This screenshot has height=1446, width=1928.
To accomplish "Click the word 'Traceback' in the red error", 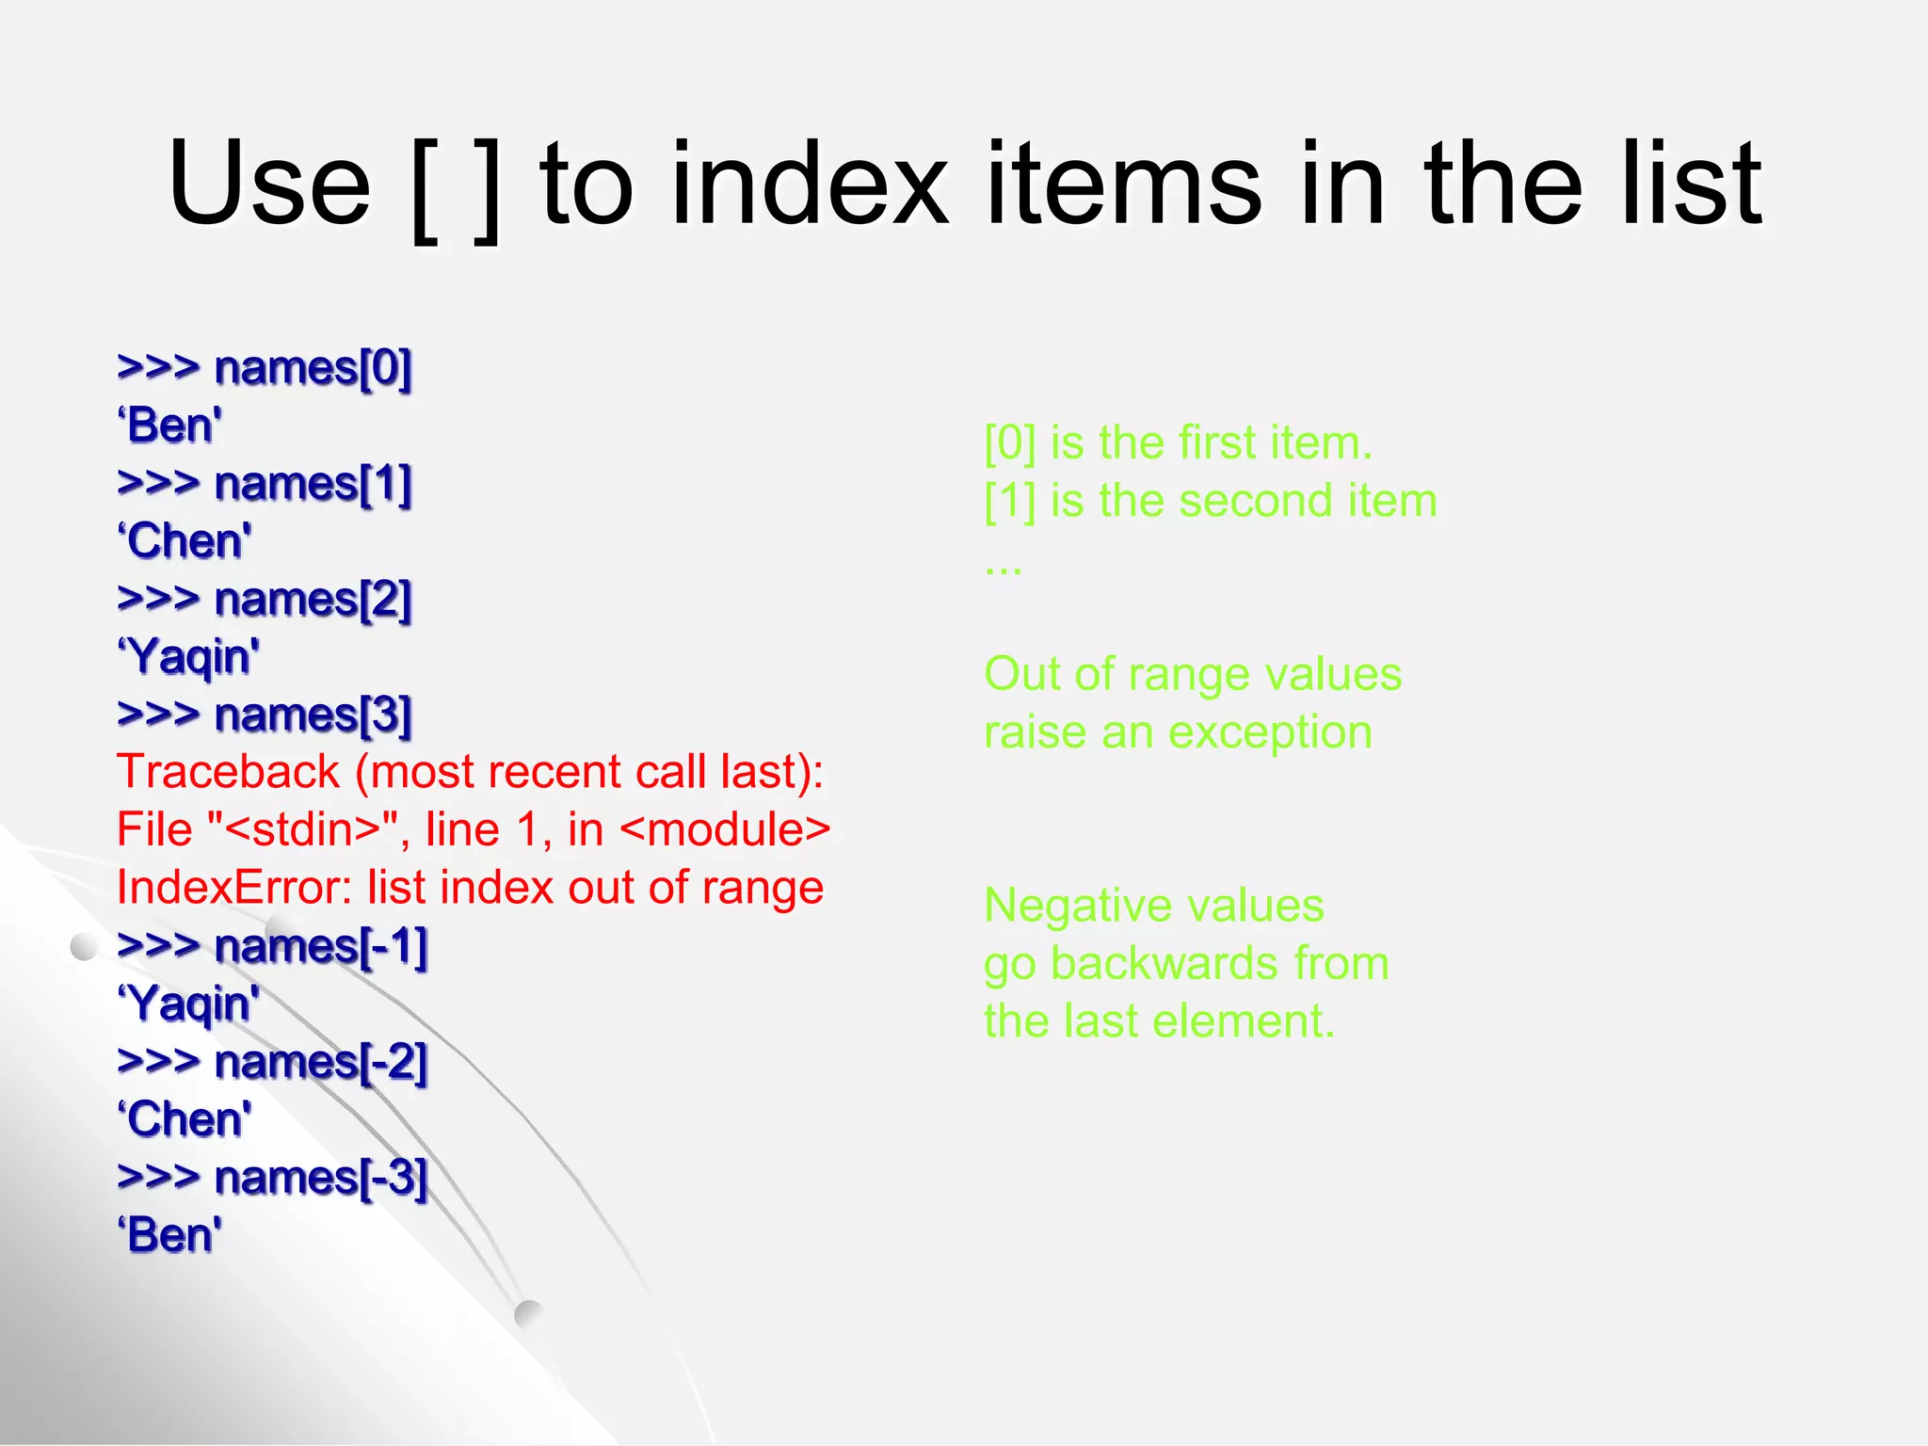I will pos(228,772).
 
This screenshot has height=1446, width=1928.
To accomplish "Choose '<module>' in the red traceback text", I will pos(726,830).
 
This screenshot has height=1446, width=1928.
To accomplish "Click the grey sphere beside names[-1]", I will pos(84,946).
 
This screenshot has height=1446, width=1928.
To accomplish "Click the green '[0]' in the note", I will pos(1009,442).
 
